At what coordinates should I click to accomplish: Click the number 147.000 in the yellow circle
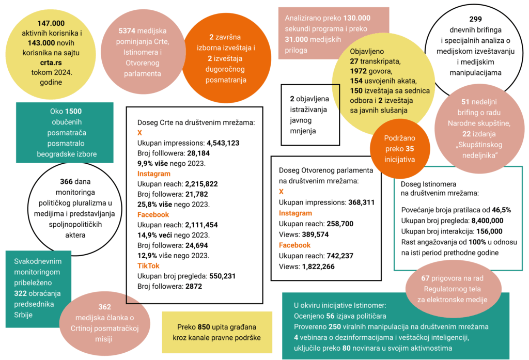51,23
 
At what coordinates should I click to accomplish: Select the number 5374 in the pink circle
128,31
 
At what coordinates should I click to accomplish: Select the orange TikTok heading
148,265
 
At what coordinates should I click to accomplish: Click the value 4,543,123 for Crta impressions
223,143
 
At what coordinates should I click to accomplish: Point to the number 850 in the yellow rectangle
205,327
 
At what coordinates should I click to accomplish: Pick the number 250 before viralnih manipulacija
335,327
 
